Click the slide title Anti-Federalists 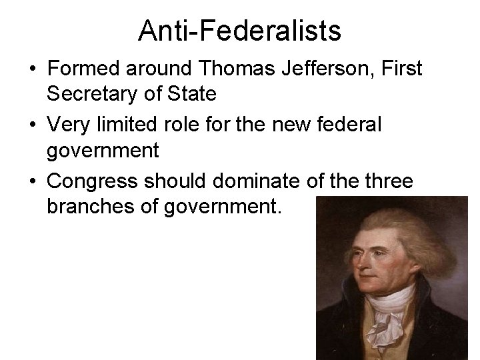[x=239, y=30]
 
